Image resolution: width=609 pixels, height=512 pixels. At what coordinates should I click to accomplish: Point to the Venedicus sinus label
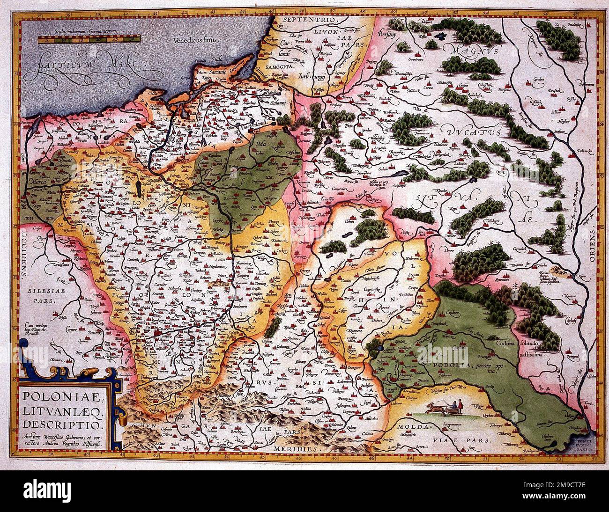(195, 41)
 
